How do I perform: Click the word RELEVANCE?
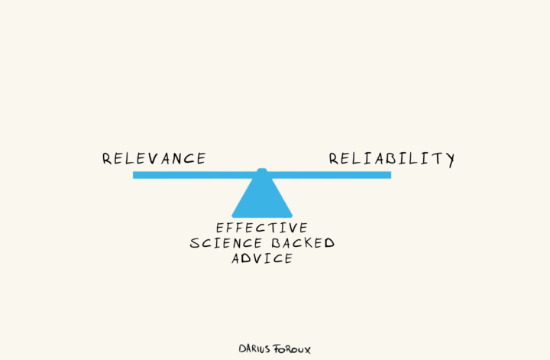pos(154,159)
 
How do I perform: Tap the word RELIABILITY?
pos(392,159)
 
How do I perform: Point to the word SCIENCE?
pos(222,243)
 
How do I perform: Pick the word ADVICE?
pos(262,258)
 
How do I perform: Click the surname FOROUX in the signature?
pos(293,348)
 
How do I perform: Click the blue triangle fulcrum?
pos(262,197)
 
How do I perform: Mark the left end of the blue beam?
pos(134,175)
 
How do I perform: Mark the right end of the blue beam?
pos(390,175)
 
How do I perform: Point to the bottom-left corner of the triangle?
pos(232,216)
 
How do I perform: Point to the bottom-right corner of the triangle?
pos(292,216)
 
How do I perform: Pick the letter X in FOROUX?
pos(307,349)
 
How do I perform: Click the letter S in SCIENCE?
pos(195,243)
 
